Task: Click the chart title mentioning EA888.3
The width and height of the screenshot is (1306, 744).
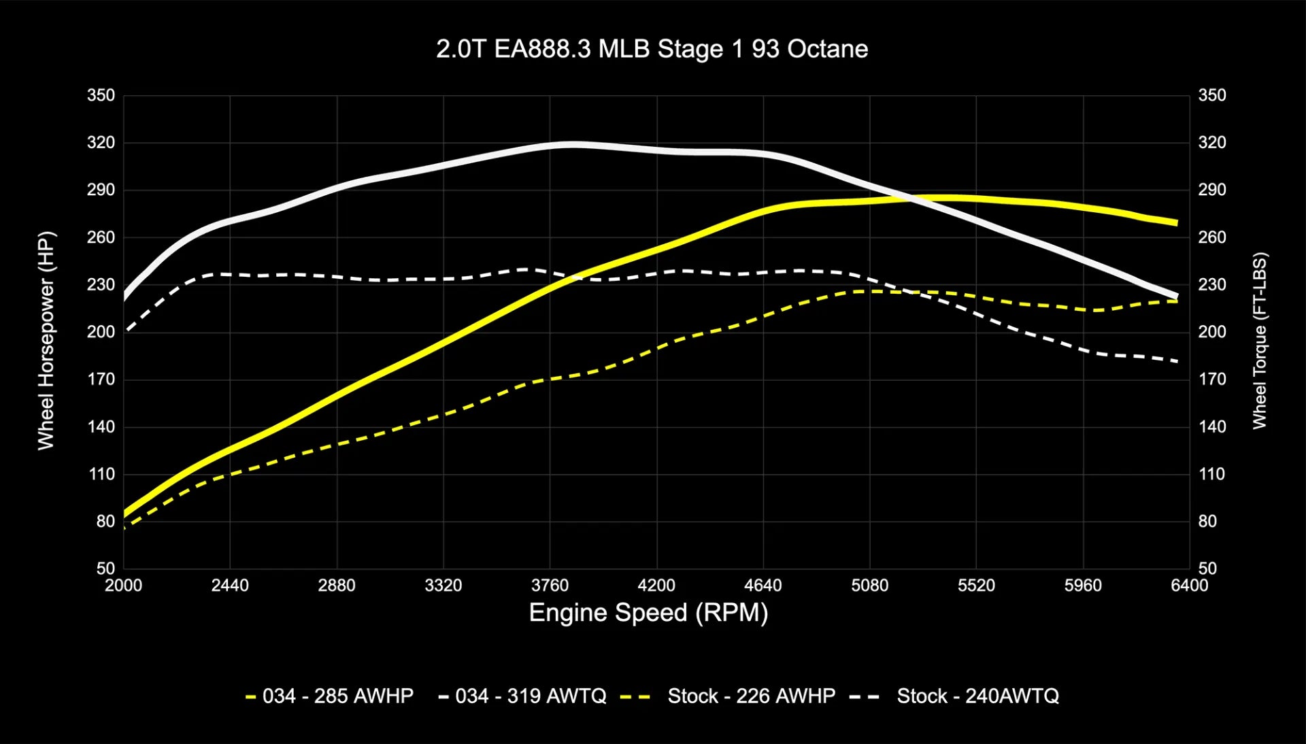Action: tap(652, 49)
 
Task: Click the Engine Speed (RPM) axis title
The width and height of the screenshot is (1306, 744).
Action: tap(648, 613)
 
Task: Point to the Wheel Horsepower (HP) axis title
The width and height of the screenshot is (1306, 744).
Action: tap(46, 340)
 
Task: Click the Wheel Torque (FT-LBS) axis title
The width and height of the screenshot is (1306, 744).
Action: tap(1260, 340)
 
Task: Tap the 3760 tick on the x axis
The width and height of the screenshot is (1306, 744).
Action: tap(550, 586)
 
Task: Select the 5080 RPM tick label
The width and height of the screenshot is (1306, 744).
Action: tap(869, 586)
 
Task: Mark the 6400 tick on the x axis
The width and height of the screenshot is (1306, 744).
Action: tap(1189, 586)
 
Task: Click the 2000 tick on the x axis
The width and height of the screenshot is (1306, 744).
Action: tap(123, 586)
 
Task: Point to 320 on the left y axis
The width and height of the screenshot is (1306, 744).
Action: tap(101, 143)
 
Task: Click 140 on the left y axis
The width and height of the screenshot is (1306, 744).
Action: tap(101, 427)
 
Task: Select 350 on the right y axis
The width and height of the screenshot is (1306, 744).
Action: tap(1211, 95)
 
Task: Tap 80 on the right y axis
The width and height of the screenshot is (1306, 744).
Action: tap(1207, 522)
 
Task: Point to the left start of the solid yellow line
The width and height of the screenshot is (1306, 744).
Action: tap(125, 514)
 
